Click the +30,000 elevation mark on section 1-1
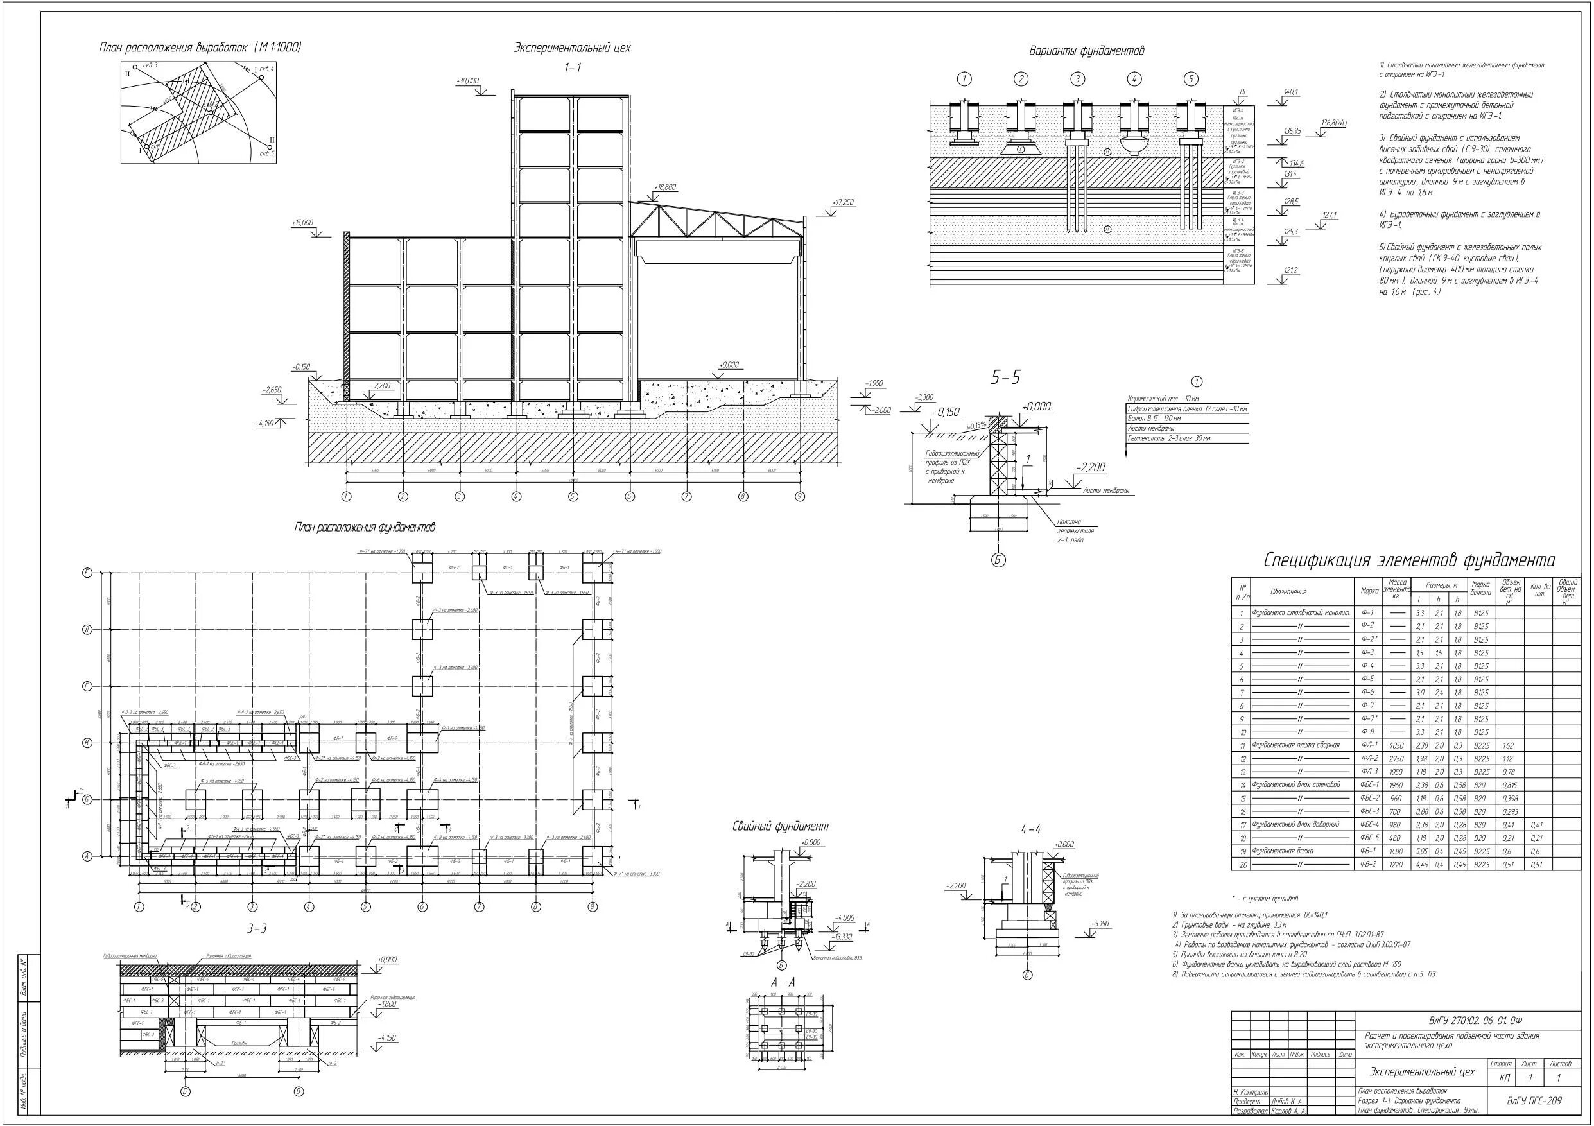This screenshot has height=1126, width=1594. pos(467,82)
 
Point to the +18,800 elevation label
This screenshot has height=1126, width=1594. pos(664,187)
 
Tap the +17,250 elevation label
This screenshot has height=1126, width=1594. pos(843,203)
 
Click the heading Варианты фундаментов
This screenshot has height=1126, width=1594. pos(1086,51)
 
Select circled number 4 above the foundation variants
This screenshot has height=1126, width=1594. pos(1134,79)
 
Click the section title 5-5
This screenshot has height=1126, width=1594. pos(1006,378)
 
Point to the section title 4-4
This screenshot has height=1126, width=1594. pos(1031,829)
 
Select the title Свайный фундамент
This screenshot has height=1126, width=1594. pos(781,826)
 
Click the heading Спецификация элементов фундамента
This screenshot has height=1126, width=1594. pos(1409,560)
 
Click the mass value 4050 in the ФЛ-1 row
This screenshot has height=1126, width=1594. pos(1396,745)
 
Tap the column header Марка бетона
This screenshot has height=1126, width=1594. pos(1481,589)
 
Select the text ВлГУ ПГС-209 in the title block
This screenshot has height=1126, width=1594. pos(1534,1101)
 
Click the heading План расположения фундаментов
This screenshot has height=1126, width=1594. pos(365,528)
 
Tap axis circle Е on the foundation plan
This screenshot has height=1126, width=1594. pos(87,573)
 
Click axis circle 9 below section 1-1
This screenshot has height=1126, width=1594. pos(800,496)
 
